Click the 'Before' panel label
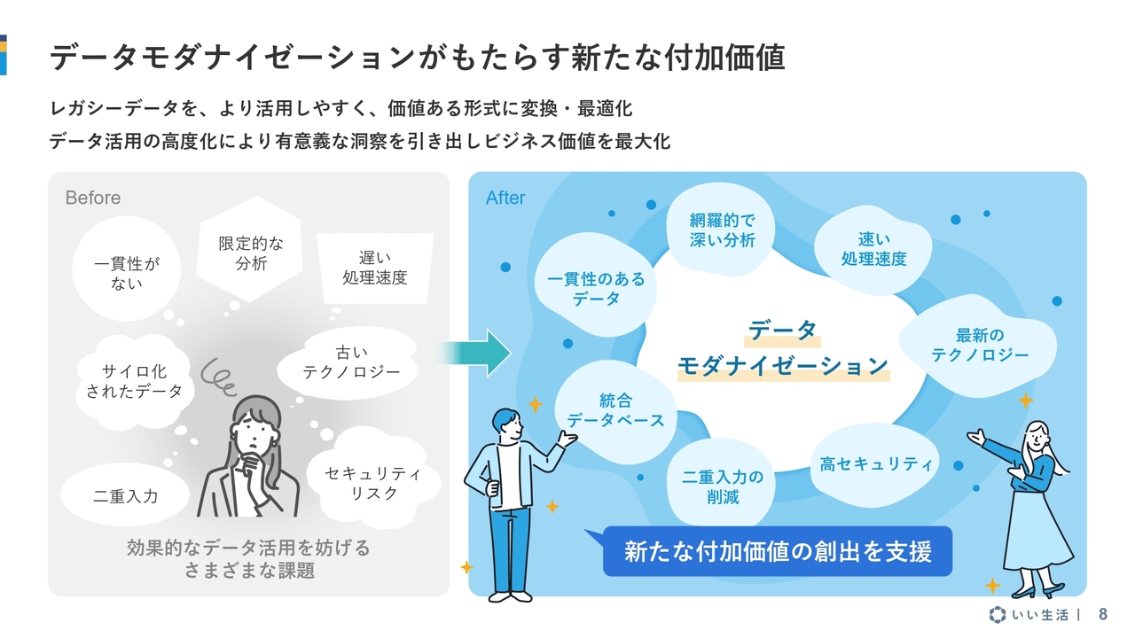tap(92, 198)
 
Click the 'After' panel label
tap(505, 198)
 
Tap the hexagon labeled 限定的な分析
tap(251, 253)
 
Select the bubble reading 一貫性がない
tap(127, 273)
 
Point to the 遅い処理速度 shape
tap(374, 267)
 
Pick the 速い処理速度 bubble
tap(873, 249)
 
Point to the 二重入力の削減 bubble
tap(722, 486)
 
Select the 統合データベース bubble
tap(615, 410)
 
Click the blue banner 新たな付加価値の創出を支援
tap(777, 551)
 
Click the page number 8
tap(1103, 614)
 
